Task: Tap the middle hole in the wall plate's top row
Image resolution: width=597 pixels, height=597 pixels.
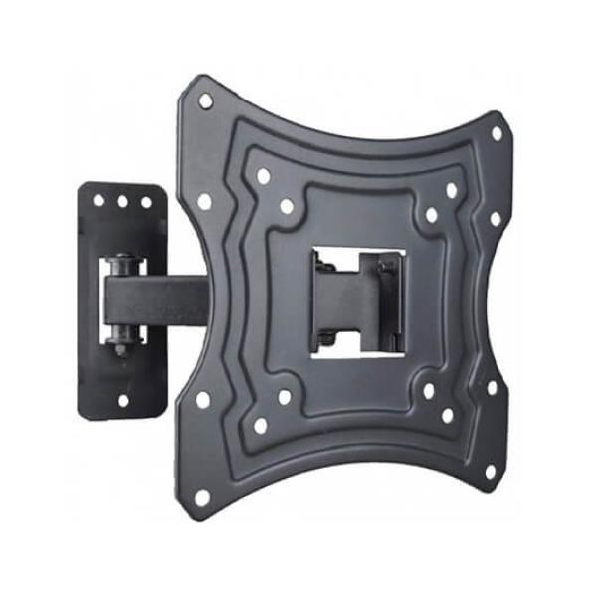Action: click(x=122, y=200)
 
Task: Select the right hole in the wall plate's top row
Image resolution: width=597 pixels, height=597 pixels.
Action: click(x=146, y=202)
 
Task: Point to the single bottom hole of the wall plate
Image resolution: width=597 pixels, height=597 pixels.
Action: click(x=124, y=401)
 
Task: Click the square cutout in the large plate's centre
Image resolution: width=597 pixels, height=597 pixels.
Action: click(x=358, y=302)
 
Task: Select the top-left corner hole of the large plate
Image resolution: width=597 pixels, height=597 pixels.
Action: click(x=205, y=100)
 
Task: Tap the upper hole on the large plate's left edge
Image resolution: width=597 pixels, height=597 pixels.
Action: click(x=204, y=201)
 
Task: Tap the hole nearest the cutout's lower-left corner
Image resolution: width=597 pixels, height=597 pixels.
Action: click(x=285, y=396)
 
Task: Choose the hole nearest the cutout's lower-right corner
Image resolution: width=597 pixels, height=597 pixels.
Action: click(x=429, y=391)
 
